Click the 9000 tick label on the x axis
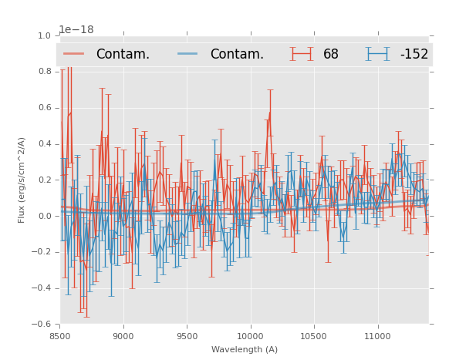click(x=123, y=336)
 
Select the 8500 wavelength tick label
click(x=60, y=336)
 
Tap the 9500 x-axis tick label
click(x=187, y=336)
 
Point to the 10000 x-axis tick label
click(x=250, y=336)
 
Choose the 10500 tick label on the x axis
click(x=314, y=336)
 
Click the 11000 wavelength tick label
click(x=377, y=336)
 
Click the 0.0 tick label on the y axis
click(x=45, y=217)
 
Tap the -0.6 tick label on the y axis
click(x=43, y=325)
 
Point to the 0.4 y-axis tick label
click(x=45, y=144)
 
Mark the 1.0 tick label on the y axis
click(x=45, y=36)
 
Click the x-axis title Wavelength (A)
click(x=245, y=350)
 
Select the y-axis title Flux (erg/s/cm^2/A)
click(x=22, y=180)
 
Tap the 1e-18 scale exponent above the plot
click(x=76, y=30)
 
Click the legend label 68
click(x=331, y=54)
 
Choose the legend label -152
click(x=414, y=54)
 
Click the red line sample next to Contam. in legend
click(x=74, y=54)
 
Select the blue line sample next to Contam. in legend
click(x=188, y=54)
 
